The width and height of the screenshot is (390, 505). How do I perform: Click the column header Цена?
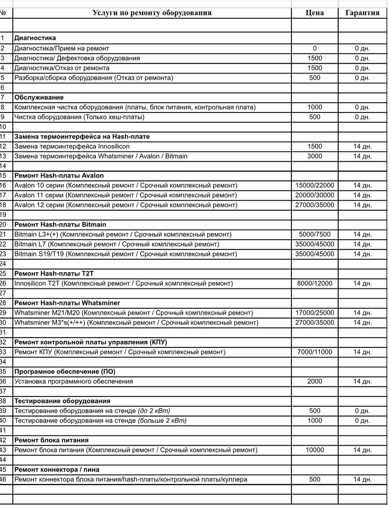click(315, 13)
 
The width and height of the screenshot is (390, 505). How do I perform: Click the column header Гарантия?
click(362, 13)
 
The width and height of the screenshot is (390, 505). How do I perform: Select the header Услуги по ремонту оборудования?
click(152, 13)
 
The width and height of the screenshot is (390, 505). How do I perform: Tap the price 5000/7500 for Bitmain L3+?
click(315, 234)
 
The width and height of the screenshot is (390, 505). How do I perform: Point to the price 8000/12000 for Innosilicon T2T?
click(315, 283)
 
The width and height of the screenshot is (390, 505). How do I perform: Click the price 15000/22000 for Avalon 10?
click(315, 185)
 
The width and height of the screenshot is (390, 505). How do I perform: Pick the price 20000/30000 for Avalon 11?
click(315, 195)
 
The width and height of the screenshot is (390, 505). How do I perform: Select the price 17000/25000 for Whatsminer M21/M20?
click(315, 313)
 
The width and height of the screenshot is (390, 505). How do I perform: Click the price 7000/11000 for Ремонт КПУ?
click(315, 352)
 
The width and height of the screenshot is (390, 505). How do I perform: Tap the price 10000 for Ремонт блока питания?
click(315, 450)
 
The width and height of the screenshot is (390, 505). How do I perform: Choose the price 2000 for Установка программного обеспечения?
click(315, 382)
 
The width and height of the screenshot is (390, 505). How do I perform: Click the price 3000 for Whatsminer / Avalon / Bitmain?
click(315, 156)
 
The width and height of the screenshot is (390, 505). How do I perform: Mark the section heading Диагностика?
click(35, 38)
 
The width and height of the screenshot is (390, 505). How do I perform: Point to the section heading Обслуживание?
click(39, 97)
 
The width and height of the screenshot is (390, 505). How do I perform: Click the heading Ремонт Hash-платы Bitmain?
click(60, 224)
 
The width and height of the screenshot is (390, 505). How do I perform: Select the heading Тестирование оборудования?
click(62, 401)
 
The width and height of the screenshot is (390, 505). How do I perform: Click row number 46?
click(4, 479)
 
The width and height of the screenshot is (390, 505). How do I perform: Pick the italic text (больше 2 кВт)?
click(162, 421)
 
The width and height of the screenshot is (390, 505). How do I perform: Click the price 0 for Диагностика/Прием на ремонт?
click(315, 49)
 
